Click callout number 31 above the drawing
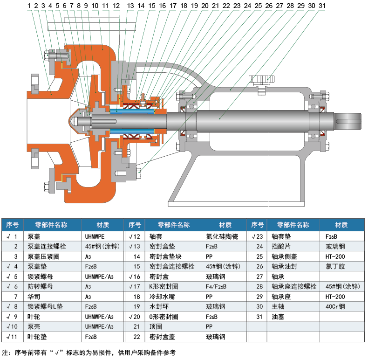point(322,6)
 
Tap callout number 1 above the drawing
point(29,6)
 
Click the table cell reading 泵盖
point(34,236)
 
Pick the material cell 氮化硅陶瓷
point(222,236)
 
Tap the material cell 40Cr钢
point(335,306)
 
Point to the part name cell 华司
point(34,297)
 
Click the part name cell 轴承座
point(279,297)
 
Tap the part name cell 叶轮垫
point(37,336)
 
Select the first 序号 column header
point(12,225)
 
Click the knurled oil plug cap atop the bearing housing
point(262,80)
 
